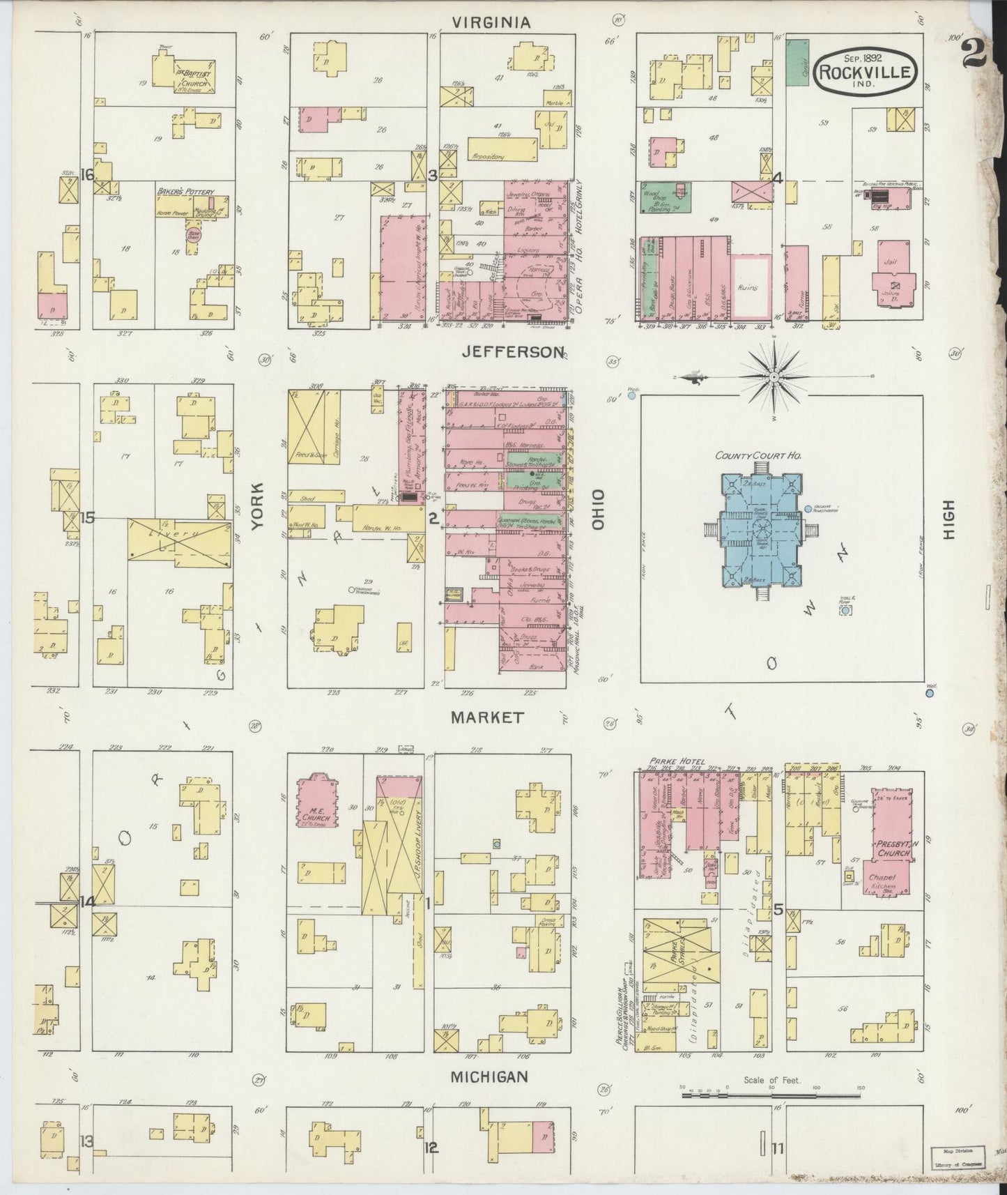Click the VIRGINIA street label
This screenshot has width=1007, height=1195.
point(491,23)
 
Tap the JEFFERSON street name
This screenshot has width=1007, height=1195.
point(512,352)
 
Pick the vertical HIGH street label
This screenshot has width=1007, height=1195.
point(948,521)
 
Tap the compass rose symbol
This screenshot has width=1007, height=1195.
point(774,377)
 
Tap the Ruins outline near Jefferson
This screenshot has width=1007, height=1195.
point(751,287)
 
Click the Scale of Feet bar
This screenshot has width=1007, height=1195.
point(771,1095)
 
